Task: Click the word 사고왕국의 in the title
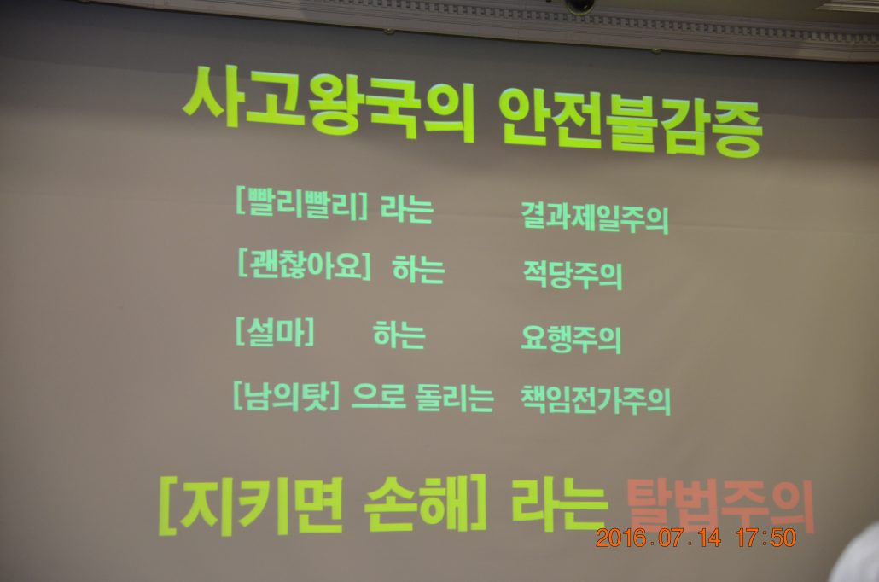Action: coord(329,104)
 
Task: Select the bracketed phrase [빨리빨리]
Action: coord(301,202)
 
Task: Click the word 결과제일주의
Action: coord(595,217)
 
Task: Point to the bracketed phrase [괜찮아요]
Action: coord(305,264)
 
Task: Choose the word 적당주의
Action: coord(573,274)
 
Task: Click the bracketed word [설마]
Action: coord(275,332)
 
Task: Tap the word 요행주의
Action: coord(571,338)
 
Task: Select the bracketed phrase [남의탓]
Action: coord(287,395)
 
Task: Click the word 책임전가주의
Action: coord(596,399)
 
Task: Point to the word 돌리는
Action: coord(455,397)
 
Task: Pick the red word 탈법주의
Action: coord(719,506)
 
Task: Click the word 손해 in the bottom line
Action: coord(416,503)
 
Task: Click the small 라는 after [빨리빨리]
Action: coord(407,208)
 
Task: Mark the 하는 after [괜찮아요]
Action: coord(419,269)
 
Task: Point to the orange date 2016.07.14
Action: coord(659,538)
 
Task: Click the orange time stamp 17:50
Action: coord(766,538)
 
